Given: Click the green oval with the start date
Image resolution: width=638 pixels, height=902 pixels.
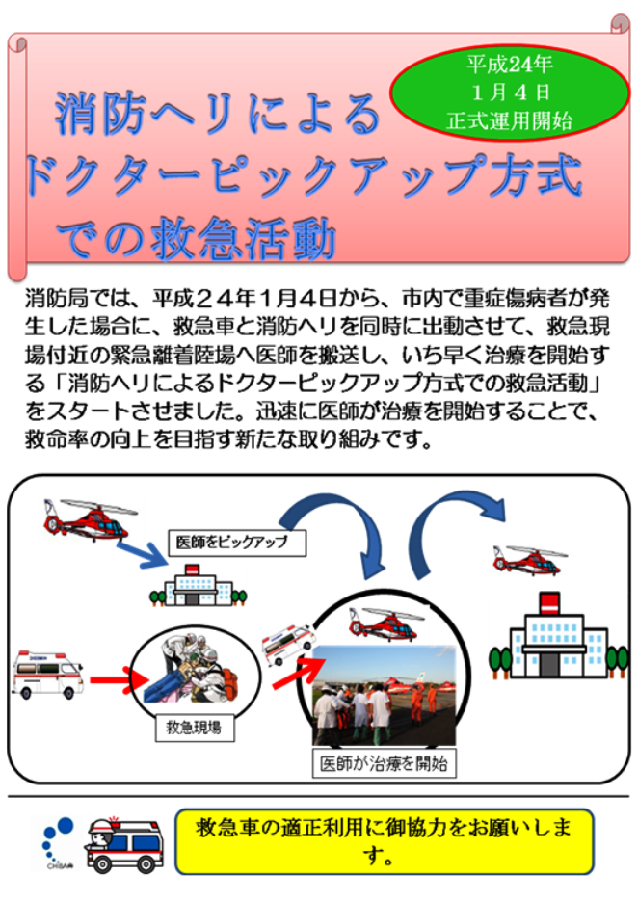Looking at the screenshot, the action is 509,93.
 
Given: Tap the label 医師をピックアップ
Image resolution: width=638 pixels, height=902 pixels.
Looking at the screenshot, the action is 236,543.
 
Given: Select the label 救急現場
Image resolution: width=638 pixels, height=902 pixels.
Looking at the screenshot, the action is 195,728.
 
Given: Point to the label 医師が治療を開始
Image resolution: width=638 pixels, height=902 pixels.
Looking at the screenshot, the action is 384,763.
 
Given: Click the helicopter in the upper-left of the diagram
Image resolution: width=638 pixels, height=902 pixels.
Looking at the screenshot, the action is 90,518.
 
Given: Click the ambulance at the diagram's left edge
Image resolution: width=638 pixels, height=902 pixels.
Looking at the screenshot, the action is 48,674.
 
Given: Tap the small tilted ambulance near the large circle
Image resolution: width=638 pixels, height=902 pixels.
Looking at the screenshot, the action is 288,644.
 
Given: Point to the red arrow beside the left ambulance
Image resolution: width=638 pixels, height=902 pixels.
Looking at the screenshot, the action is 112,680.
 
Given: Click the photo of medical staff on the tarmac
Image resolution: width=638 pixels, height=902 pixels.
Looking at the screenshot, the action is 384,696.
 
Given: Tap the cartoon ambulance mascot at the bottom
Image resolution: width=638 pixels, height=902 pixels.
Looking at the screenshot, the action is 123,844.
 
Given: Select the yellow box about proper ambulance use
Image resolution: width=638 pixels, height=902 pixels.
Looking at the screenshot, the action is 384,841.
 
